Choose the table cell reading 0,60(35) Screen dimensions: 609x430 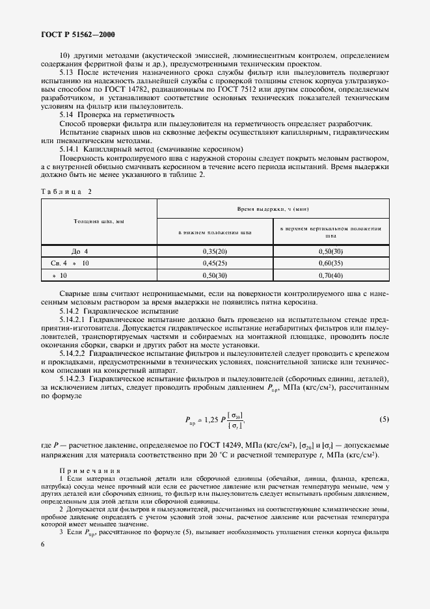pyautogui.click(x=330, y=263)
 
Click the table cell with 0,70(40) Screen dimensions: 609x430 pyautogui.click(x=330, y=275)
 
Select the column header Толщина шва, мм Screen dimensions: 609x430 pyautogui.click(x=99, y=221)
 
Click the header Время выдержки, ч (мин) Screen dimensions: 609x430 pyautogui.click(x=273, y=210)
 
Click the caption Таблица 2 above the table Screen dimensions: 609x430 pyautogui.click(x=66, y=191)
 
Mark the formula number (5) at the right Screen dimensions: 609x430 pyautogui.click(x=384, y=419)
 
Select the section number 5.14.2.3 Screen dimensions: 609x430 pyautogui.click(x=75, y=379)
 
